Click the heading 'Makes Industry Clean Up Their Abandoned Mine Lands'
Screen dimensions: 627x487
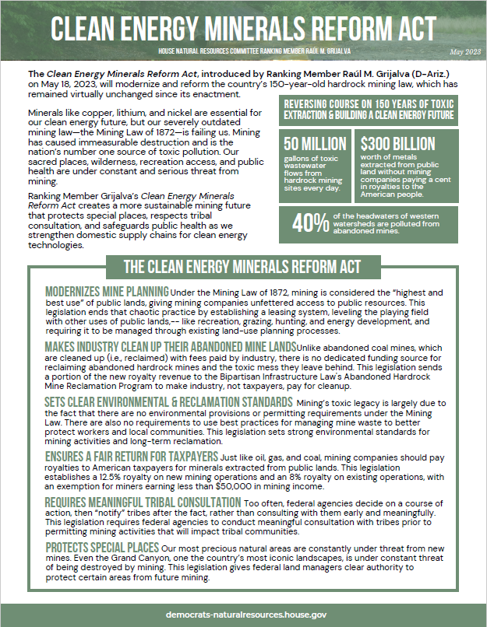click(x=170, y=346)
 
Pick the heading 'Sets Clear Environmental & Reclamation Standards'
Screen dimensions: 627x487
click(x=168, y=402)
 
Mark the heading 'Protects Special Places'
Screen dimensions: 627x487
click(x=101, y=548)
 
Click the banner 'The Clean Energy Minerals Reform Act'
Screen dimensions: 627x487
click(x=242, y=267)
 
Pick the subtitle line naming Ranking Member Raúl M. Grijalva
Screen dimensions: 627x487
click(x=243, y=51)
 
